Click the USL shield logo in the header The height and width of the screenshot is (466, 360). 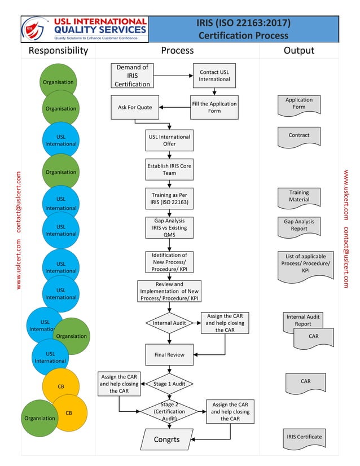point(32,29)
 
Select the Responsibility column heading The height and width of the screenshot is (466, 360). point(58,50)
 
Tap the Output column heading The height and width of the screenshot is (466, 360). point(298,50)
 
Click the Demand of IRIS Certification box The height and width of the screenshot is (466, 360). point(133,76)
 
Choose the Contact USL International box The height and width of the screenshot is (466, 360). point(214,76)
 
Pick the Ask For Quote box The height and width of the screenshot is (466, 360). point(135,107)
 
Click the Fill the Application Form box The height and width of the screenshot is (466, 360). point(214,107)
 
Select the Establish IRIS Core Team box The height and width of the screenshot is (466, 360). point(169,169)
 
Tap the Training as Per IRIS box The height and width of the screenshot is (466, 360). point(169,199)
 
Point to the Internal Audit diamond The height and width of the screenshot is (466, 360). point(169,323)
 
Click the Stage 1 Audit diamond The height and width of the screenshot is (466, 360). point(169,384)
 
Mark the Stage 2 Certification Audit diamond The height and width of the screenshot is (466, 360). point(169,411)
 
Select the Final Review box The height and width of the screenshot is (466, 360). point(169,355)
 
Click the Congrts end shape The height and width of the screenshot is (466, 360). point(167,439)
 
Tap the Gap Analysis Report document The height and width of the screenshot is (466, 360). point(299,226)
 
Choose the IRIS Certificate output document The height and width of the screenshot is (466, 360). point(305,438)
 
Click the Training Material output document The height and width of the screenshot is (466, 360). point(299,197)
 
